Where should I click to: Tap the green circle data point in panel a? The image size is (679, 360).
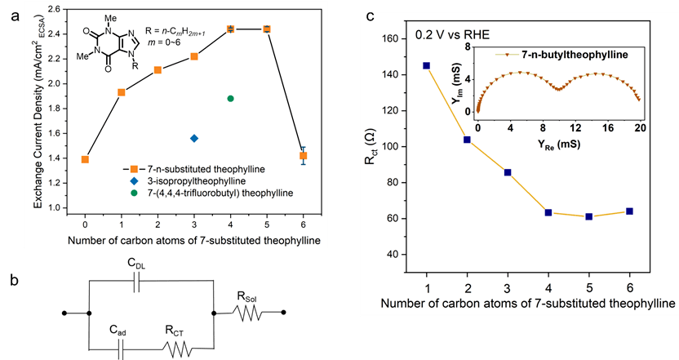(x=230, y=98)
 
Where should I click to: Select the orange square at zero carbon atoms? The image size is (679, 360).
(x=85, y=159)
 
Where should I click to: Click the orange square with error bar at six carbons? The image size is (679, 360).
(x=304, y=155)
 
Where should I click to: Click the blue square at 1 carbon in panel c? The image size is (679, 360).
(x=427, y=65)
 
